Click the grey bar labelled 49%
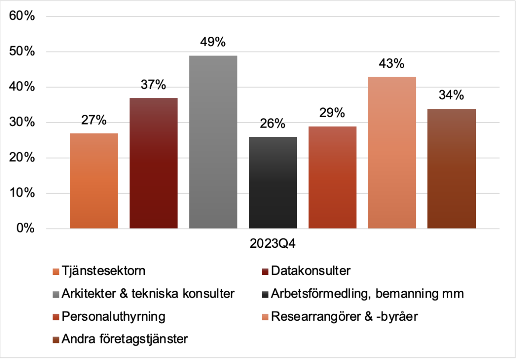point(213,142)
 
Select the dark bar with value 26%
point(273,183)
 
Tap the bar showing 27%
point(94,181)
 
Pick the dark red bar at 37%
point(153,163)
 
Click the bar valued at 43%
point(392,152)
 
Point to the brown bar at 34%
point(451,168)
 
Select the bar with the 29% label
point(332,177)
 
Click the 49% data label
point(213,42)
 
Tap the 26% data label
point(273,124)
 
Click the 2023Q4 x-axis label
point(273,244)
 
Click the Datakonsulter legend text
point(310,271)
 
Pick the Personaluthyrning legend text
point(114,316)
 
